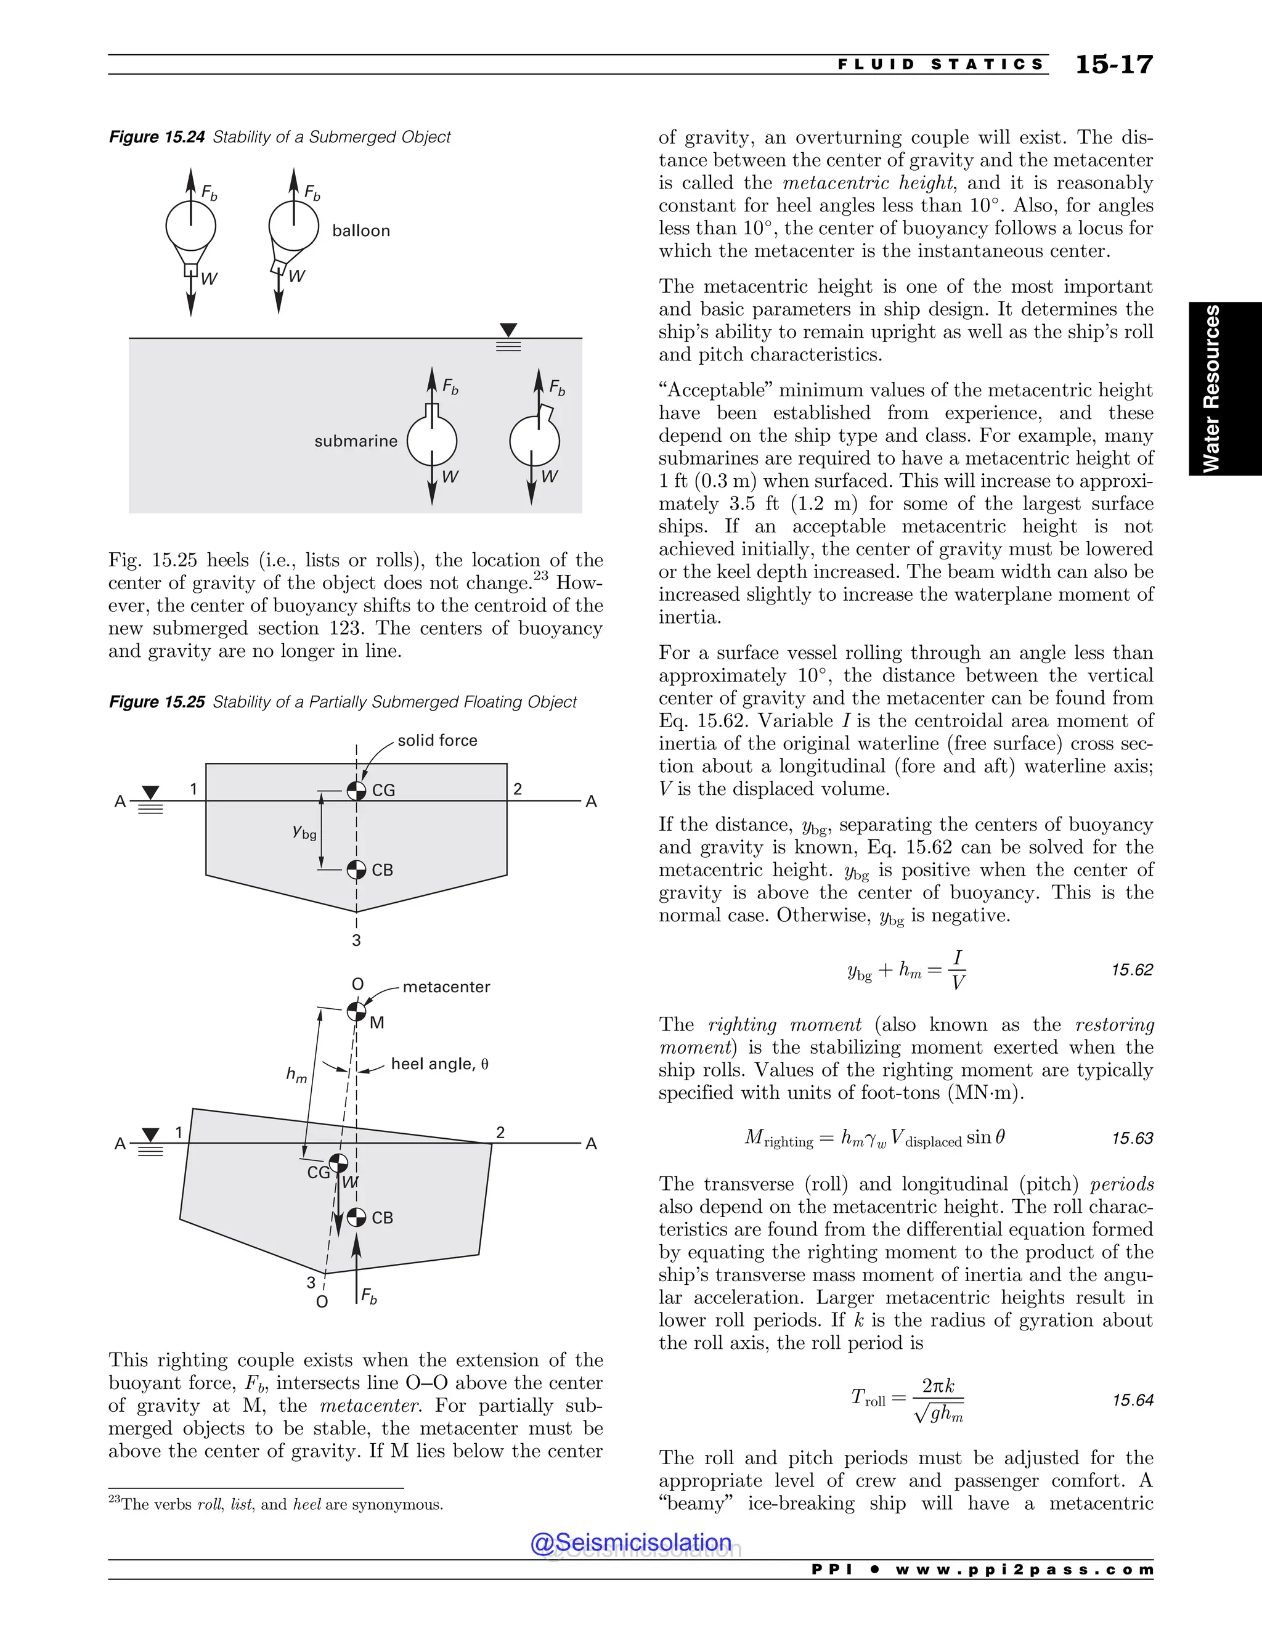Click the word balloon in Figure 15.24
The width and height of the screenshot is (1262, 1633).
(x=361, y=230)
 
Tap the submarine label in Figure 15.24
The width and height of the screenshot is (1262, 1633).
(x=356, y=441)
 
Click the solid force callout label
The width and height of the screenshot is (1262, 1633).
(x=438, y=740)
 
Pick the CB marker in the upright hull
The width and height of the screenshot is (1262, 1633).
(x=357, y=869)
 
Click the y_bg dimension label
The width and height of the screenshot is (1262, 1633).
(x=304, y=831)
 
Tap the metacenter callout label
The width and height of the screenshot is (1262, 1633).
(x=446, y=987)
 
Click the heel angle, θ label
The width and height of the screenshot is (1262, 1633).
(x=439, y=1064)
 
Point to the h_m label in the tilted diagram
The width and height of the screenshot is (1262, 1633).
(x=296, y=1075)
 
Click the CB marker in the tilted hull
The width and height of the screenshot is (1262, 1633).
(x=357, y=1217)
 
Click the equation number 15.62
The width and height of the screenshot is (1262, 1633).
(x=1132, y=970)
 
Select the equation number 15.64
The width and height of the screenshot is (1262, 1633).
(x=1132, y=1399)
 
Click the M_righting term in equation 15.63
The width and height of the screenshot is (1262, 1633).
(x=778, y=1139)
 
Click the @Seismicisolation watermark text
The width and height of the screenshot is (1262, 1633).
(x=631, y=1542)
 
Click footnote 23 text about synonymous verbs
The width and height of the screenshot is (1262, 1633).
(x=277, y=1504)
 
